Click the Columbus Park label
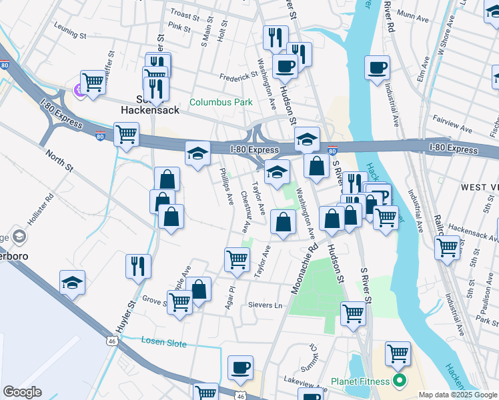(220, 102)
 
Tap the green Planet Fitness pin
(400, 381)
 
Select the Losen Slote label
(164, 341)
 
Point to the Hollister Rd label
(45, 208)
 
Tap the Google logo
(22, 392)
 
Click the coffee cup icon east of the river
(377, 67)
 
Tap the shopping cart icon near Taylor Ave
(237, 259)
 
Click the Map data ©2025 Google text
(457, 395)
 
